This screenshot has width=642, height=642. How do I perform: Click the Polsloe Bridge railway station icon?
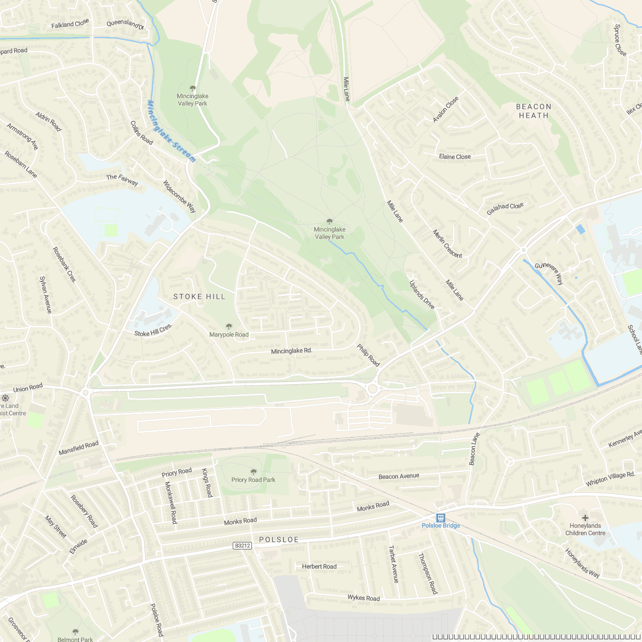coord(440,517)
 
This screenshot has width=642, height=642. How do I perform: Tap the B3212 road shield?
coord(242,546)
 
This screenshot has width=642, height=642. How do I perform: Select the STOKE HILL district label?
coord(199,296)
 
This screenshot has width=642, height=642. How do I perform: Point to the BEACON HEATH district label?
coord(533,111)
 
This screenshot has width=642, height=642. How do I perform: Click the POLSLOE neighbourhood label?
coord(279,540)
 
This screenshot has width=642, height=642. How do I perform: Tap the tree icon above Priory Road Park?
coord(253,471)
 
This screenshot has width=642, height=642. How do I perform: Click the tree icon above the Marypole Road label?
coord(229,326)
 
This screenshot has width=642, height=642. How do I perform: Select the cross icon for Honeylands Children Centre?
coord(585,517)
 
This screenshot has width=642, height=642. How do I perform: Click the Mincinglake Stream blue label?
coord(171,131)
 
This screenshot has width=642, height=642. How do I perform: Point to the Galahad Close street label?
coord(505,209)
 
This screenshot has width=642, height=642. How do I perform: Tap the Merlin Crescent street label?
coord(447,243)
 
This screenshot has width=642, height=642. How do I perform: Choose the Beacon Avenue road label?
coord(399,476)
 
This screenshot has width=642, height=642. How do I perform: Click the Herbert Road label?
coord(319,566)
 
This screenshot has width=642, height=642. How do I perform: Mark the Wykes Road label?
coord(363,598)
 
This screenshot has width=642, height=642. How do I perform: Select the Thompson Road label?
coord(427,574)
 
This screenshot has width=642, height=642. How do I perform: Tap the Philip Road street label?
coord(368,355)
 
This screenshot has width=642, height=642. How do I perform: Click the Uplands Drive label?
coord(422,295)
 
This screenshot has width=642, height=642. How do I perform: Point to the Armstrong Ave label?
coord(22,136)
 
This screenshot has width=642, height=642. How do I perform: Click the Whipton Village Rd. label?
coord(610,479)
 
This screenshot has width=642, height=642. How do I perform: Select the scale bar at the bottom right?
coord(536,637)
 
